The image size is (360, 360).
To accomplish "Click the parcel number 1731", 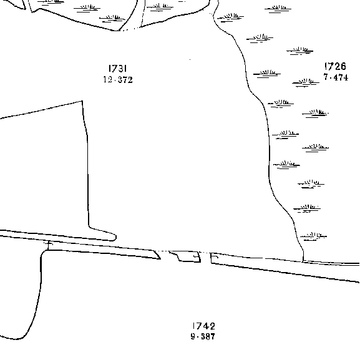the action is [117, 69].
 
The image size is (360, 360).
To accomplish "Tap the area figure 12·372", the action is [118, 80].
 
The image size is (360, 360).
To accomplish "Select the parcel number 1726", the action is [335, 66].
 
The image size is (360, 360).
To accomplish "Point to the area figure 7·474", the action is [336, 77].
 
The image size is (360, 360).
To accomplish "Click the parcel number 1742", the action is [203, 326].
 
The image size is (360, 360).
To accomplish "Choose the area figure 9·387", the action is [203, 336].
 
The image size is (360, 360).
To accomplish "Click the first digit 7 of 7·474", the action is [326, 77].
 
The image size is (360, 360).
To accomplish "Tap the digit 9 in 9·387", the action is [193, 336].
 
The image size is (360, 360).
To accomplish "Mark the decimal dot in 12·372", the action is [115, 80].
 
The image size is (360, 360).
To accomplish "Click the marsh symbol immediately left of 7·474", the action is [306, 82].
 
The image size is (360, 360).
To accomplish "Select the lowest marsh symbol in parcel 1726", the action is [313, 236].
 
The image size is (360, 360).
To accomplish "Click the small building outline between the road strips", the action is [185, 256].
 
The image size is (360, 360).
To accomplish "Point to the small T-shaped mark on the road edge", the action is [48, 245].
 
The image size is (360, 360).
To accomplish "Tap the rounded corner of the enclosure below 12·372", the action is [115, 237].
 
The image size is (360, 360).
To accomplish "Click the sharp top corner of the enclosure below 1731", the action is [82, 101].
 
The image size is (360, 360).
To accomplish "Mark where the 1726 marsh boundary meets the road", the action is [303, 261].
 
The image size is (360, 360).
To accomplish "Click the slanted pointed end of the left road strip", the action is [160, 258].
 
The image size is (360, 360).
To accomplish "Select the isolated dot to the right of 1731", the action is [190, 60].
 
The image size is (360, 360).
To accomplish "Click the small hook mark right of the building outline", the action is [214, 256].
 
